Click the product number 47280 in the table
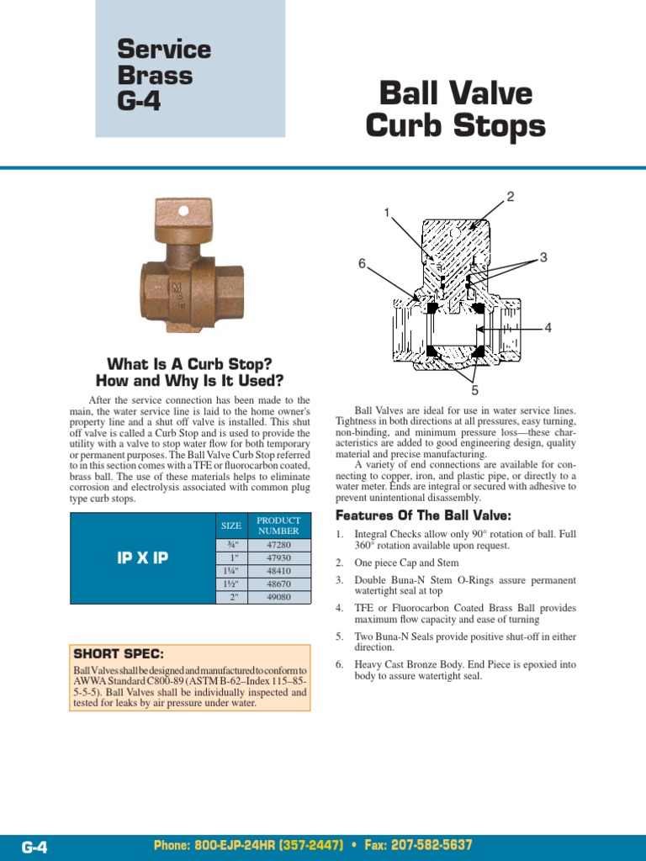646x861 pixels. pyautogui.click(x=278, y=545)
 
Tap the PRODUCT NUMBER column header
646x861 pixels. pyautogui.click(x=278, y=526)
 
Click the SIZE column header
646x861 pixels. pyautogui.click(x=230, y=526)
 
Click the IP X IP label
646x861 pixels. pyautogui.click(x=142, y=557)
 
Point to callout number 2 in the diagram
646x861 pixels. pyautogui.click(x=510, y=197)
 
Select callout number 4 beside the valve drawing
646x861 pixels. pyautogui.click(x=548, y=328)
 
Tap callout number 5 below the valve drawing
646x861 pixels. pyautogui.click(x=474, y=390)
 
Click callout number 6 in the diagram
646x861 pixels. pyautogui.click(x=362, y=263)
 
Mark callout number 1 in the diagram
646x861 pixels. pyautogui.click(x=387, y=213)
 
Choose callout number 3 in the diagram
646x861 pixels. pyautogui.click(x=543, y=257)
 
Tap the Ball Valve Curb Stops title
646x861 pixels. pyautogui.click(x=455, y=109)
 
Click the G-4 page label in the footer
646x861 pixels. pyautogui.click(x=34, y=847)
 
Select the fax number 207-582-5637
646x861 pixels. pyautogui.click(x=419, y=845)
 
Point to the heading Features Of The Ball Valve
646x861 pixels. pyautogui.click(x=423, y=515)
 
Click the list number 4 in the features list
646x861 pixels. pyautogui.click(x=339, y=607)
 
